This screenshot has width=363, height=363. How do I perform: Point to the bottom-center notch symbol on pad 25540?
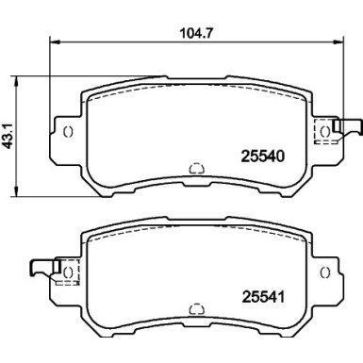coord(196,169)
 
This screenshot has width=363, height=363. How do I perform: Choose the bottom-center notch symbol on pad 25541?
coord(196,308)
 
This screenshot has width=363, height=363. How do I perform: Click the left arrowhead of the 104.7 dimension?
coord(52,41)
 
